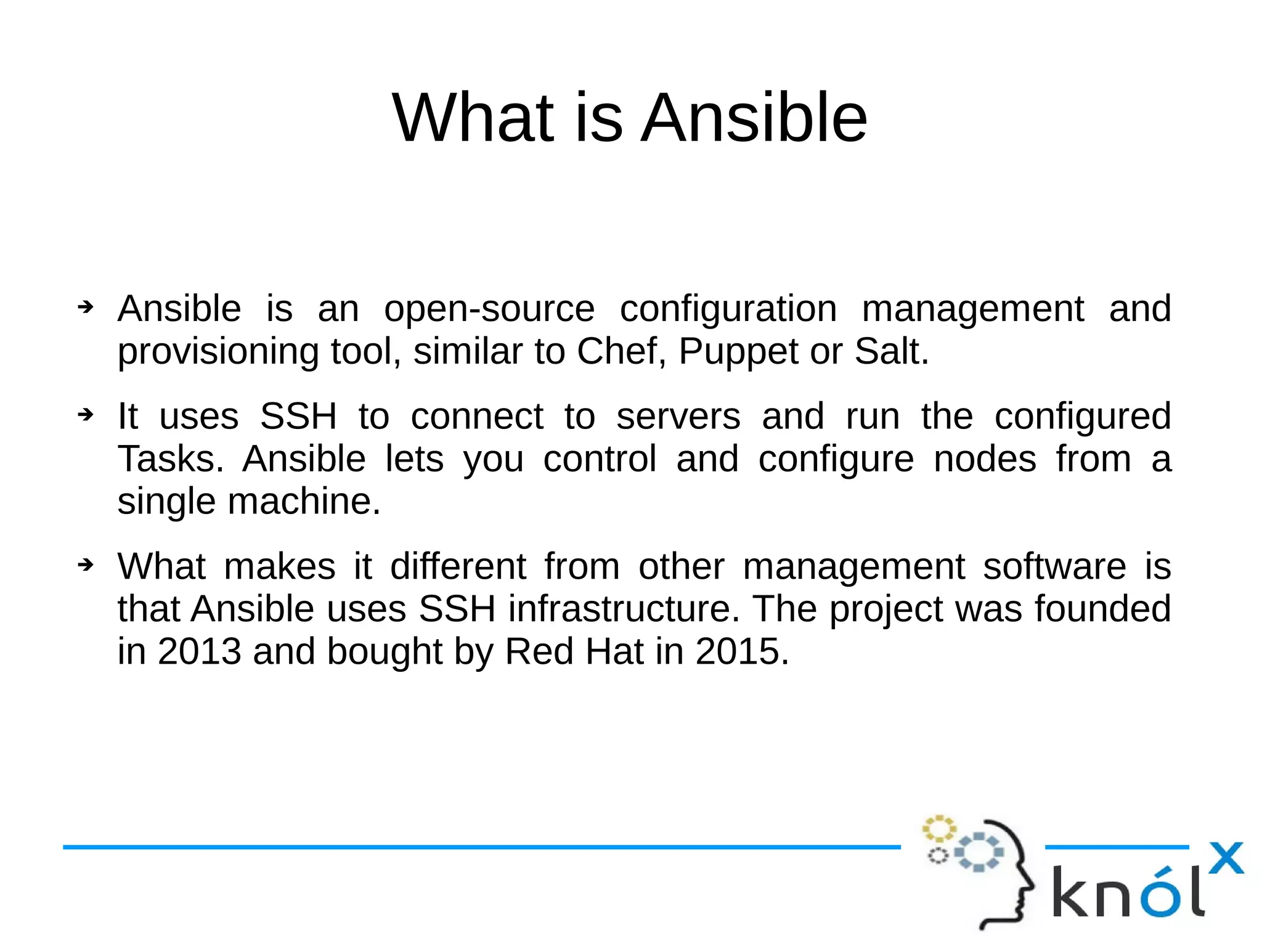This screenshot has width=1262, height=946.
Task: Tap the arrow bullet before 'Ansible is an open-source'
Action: click(x=86, y=306)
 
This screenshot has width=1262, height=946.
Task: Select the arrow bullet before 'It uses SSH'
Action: click(x=86, y=415)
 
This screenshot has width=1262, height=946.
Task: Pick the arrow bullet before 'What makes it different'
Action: click(x=86, y=564)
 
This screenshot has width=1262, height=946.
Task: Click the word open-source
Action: click(x=489, y=309)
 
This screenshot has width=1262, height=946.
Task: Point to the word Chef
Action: click(x=621, y=352)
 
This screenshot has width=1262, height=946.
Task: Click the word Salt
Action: click(x=890, y=352)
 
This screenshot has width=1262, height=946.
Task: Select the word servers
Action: click(x=678, y=417)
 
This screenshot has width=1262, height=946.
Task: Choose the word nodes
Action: click(x=985, y=460)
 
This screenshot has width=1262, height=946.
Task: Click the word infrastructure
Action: click(x=624, y=610)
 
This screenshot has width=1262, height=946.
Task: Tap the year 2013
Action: click(x=199, y=652)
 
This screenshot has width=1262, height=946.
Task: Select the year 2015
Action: click(x=741, y=652)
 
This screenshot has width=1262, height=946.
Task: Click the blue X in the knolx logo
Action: click(x=1226, y=858)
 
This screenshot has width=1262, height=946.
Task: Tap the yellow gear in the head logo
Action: click(x=938, y=829)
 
